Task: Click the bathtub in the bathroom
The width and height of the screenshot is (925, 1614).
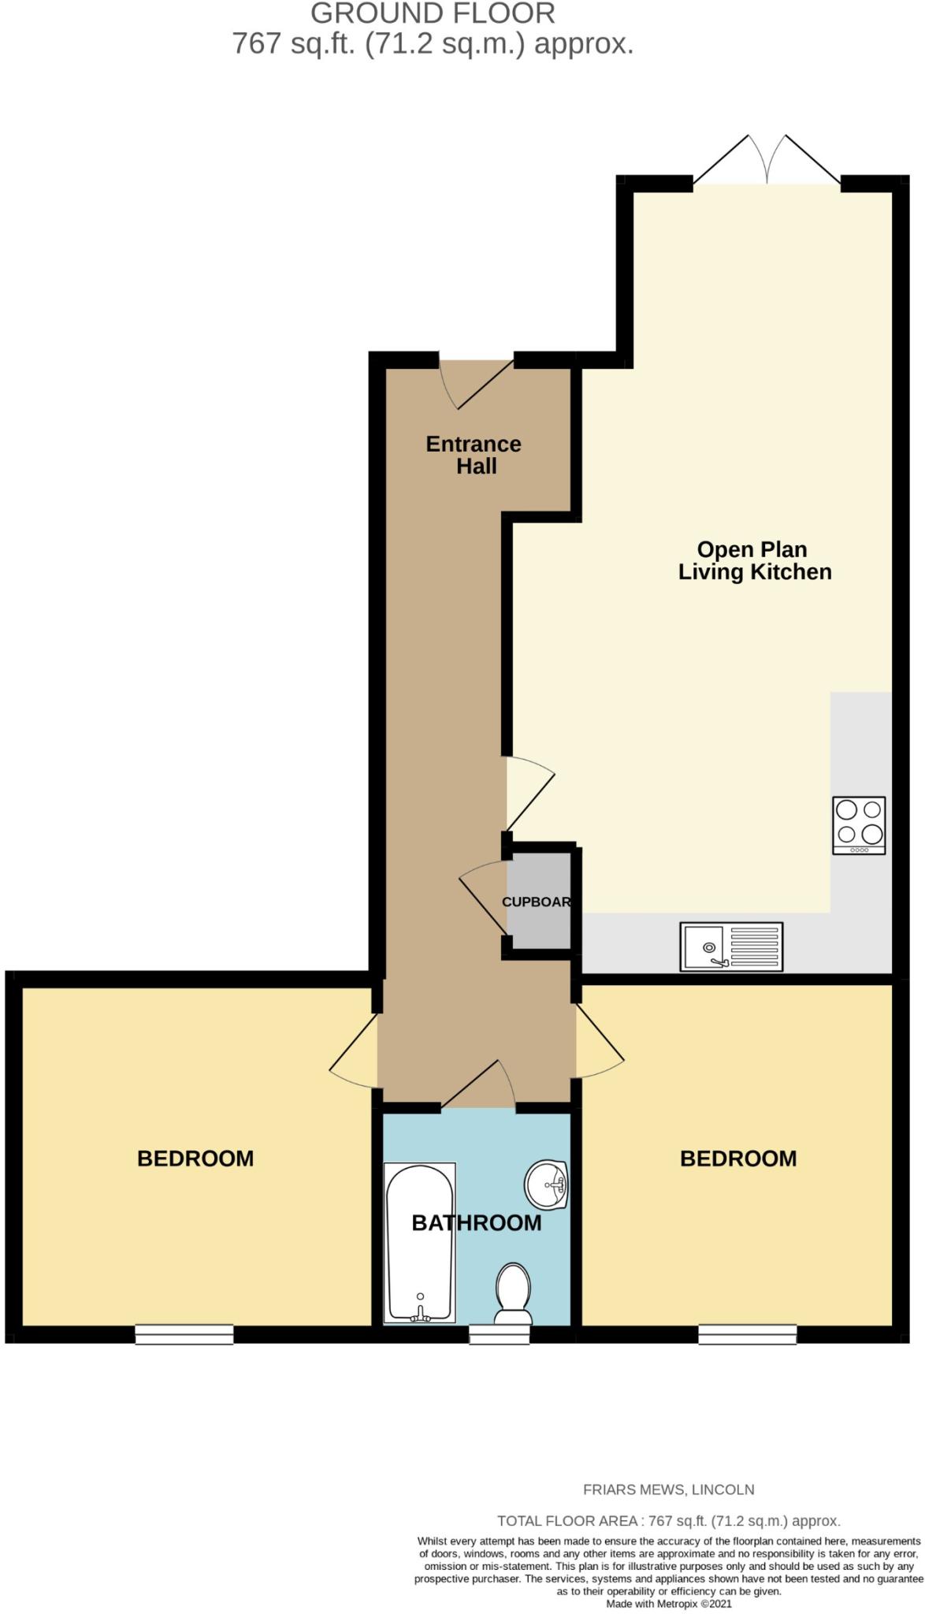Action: tap(419, 1243)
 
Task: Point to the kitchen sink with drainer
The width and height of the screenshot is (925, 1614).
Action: tap(731, 946)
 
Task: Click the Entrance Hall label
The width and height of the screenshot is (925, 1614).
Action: tap(474, 455)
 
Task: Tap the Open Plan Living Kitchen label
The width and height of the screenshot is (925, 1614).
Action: tap(754, 560)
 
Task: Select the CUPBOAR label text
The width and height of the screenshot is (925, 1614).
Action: tap(537, 902)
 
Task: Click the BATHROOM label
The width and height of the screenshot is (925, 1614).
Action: tap(477, 1222)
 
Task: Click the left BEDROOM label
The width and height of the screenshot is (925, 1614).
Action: tap(195, 1158)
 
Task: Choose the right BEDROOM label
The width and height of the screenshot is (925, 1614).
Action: tap(738, 1158)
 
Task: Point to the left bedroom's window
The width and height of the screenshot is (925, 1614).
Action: tap(184, 1333)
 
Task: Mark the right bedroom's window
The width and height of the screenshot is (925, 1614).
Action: tap(747, 1333)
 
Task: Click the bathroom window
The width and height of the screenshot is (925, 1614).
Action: tap(500, 1333)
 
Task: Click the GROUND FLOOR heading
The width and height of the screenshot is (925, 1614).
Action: tap(433, 13)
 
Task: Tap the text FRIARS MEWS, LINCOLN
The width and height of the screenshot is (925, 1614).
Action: tap(668, 1489)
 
